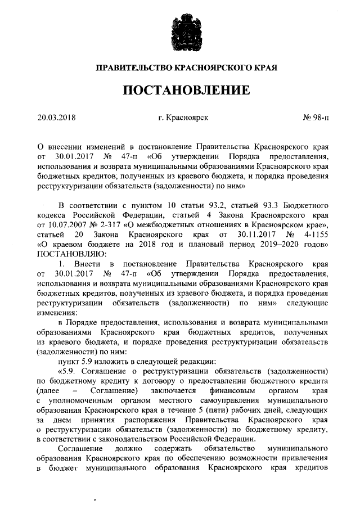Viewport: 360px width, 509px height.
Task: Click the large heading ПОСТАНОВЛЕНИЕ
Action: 180,91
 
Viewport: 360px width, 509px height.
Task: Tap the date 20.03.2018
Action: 57,118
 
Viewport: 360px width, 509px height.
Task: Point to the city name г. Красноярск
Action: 183,118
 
